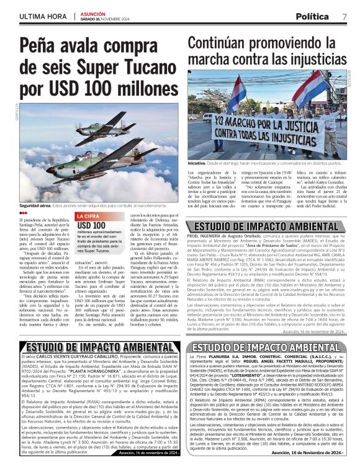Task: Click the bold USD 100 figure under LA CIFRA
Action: pyautogui.click(x=90, y=225)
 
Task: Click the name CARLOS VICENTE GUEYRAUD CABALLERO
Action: pyautogui.click(x=73, y=359)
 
